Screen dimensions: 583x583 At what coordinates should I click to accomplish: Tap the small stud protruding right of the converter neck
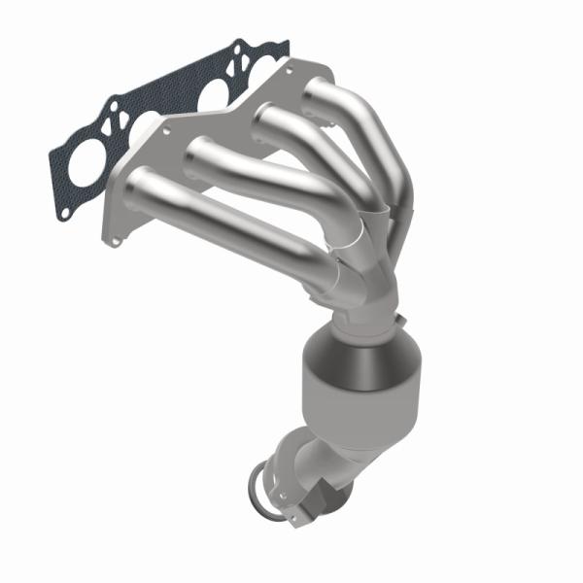click(399, 318)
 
